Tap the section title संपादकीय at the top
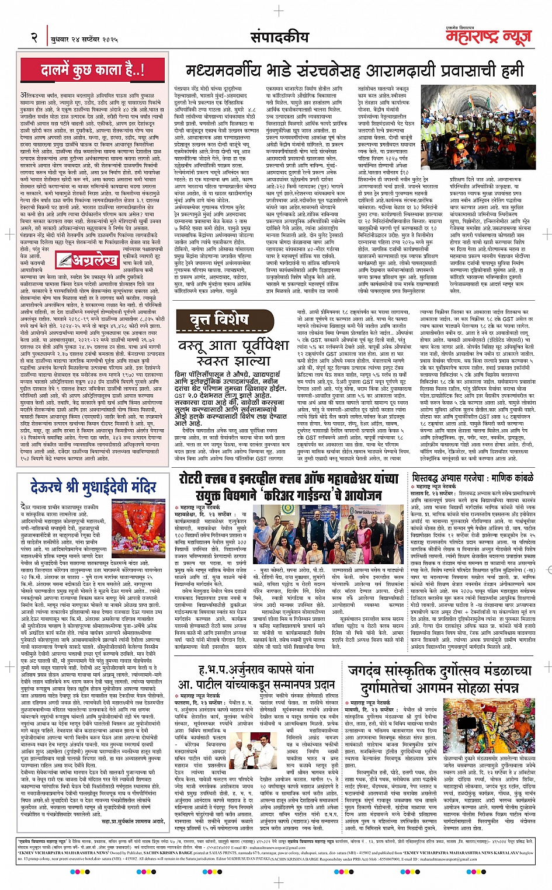pos(279,37)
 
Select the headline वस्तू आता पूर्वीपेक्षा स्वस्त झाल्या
pos(234,352)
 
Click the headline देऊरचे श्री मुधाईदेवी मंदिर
pos(93,486)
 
